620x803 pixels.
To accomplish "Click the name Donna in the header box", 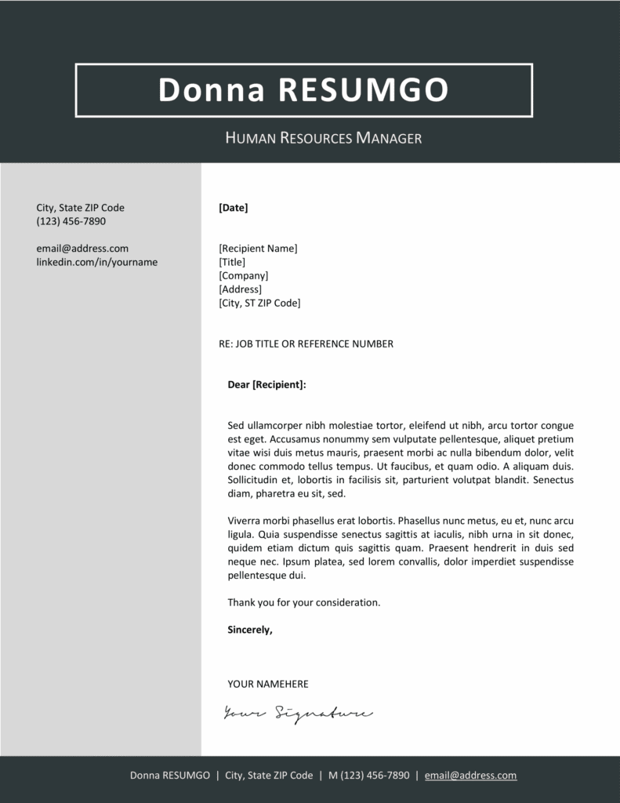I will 214,90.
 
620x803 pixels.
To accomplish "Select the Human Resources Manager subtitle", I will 324,139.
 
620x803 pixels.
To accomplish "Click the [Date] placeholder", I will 234,208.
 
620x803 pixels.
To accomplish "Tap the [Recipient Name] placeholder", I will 258,249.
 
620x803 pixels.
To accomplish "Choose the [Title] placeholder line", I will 232,262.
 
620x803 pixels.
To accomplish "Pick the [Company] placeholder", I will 244,276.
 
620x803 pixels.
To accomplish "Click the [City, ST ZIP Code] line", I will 259,303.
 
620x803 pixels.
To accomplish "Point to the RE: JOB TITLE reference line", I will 306,343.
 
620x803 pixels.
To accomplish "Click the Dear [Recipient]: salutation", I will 266,385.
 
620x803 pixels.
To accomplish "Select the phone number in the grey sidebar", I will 71,221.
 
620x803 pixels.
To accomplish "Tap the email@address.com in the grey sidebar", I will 82,249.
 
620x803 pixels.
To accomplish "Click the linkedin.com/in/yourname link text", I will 96,262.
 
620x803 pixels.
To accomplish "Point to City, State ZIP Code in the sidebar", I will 80,208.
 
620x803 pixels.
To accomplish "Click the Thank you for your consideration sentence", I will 303,602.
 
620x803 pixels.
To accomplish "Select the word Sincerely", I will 250,629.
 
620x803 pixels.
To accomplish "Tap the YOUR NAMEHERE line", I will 268,684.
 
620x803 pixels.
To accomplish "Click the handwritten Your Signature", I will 298,713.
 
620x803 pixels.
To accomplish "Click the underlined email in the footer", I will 470,776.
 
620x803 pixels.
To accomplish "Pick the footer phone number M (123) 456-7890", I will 368,776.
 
